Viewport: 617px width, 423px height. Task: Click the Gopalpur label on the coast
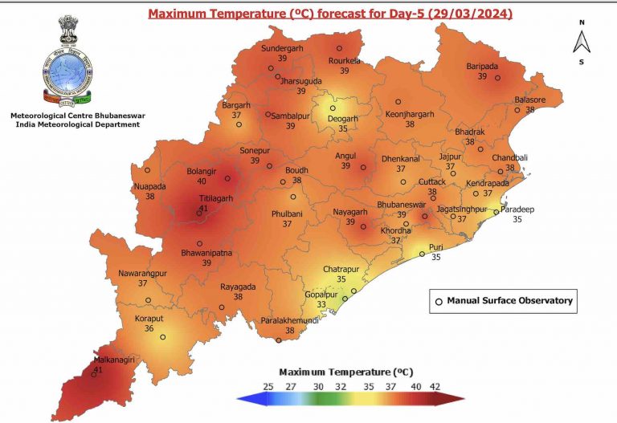coord(321,294)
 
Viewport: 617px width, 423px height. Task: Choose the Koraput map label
coord(149,318)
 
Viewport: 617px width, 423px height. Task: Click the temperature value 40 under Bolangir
coord(202,181)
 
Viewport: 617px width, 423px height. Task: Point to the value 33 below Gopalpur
coord(321,305)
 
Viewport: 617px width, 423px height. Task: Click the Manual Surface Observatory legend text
coord(509,301)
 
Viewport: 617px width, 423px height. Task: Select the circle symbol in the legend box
coord(439,302)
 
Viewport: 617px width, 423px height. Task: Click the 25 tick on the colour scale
coord(268,386)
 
